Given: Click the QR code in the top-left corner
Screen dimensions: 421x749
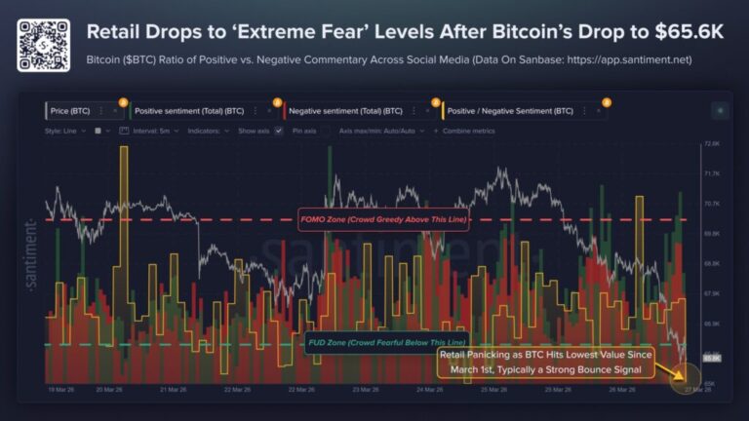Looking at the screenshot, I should [x=44, y=44].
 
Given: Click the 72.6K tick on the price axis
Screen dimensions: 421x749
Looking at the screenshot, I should [x=711, y=144].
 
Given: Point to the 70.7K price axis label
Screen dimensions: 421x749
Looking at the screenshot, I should [x=711, y=204].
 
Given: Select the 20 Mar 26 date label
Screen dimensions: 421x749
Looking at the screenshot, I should [x=108, y=389].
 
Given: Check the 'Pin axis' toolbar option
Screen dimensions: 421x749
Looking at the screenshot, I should [x=303, y=130].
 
